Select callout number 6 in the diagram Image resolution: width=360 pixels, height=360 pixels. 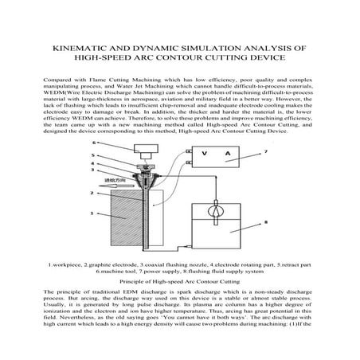point(94,143)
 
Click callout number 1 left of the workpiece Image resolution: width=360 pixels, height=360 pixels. point(92,213)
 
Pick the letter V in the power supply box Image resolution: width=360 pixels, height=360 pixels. point(205,155)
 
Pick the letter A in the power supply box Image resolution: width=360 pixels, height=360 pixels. point(227,155)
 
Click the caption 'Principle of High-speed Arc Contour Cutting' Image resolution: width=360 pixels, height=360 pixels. point(179,281)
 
